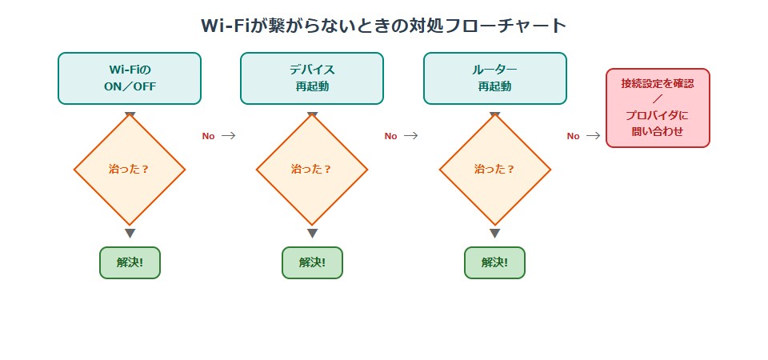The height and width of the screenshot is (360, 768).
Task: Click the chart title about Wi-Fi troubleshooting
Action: [383, 26]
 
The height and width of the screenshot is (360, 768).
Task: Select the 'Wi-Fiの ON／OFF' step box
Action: [130, 78]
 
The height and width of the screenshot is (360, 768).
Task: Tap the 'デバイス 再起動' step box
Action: [312, 78]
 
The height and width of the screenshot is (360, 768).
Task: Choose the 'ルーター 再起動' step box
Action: [494, 78]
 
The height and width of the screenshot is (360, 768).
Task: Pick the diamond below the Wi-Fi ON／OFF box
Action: [130, 170]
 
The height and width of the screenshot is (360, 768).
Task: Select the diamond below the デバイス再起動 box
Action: [312, 170]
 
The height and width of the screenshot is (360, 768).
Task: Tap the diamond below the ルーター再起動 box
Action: [494, 170]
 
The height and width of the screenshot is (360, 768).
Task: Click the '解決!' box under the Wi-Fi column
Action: [130, 262]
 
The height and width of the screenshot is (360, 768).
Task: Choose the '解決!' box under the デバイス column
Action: [312, 262]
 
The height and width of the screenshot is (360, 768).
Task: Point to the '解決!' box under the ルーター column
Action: [494, 262]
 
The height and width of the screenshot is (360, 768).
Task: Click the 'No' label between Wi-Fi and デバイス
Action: [208, 136]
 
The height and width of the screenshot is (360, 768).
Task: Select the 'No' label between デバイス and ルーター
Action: [390, 136]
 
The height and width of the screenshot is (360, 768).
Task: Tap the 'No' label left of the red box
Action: [573, 136]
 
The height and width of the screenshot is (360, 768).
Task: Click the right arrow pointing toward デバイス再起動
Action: [228, 136]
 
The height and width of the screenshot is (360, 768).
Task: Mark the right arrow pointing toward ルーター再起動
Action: [410, 136]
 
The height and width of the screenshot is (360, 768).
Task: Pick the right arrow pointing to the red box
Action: [593, 136]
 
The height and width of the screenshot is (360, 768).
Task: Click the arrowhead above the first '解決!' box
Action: [130, 234]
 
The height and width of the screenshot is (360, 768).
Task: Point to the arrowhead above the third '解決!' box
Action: [494, 234]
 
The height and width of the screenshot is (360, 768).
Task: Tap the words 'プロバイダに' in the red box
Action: [658, 115]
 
